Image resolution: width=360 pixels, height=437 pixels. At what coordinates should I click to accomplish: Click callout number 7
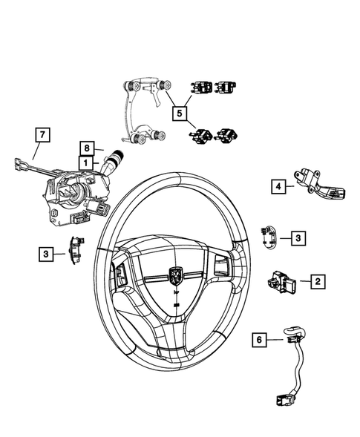coord(42,135)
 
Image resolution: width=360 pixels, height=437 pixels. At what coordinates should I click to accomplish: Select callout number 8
coord(87,148)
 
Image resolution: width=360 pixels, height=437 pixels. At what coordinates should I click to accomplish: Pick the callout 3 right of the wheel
coord(297,237)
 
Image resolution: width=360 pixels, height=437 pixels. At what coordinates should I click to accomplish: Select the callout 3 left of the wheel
coord(46,254)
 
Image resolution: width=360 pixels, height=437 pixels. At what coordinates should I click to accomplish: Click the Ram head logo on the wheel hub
coord(176,274)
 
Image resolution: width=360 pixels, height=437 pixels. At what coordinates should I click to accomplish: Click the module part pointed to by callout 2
coord(282,282)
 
